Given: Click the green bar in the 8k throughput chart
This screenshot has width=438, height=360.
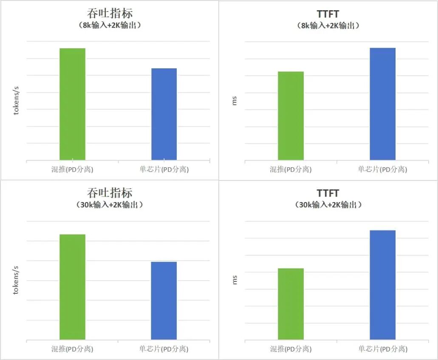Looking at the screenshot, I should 72,104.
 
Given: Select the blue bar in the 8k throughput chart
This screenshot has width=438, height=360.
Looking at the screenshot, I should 164,114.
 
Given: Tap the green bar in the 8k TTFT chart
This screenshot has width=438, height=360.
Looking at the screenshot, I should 291,115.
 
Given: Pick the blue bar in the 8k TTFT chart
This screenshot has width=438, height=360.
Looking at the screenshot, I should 382,104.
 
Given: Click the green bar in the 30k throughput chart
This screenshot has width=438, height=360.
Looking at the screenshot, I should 72,287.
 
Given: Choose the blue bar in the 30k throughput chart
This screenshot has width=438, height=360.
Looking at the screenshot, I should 164,301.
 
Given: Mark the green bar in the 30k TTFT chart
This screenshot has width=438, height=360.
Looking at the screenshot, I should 291,304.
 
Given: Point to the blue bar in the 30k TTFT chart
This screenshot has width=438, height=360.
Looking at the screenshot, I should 382,284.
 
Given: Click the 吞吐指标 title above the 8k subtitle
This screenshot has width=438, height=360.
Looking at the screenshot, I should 110,14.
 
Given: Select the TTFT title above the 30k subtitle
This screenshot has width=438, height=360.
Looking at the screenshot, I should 328,194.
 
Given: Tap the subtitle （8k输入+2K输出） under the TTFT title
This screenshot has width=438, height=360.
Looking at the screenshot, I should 328,25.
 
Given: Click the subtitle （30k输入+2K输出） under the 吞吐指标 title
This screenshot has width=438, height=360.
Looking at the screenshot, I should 110,205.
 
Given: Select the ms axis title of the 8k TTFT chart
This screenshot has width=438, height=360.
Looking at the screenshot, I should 235,101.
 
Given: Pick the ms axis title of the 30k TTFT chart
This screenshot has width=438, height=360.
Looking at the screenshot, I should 235,280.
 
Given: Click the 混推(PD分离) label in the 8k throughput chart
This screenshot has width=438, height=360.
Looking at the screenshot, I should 72,170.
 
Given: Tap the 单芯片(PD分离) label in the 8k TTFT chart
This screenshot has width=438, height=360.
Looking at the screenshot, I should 382,170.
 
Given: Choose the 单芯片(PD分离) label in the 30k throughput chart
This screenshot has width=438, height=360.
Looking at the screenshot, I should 164,349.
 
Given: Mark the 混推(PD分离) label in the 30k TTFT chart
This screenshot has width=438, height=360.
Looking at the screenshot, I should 291,349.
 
